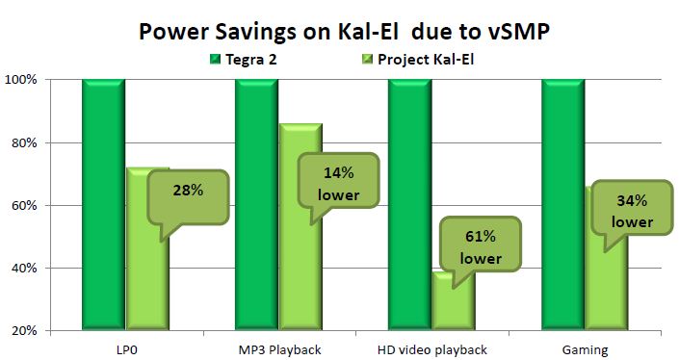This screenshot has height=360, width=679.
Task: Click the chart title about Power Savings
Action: (x=344, y=31)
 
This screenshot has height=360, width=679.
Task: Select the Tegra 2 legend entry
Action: (x=243, y=60)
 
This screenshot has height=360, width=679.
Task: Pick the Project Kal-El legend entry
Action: (x=417, y=60)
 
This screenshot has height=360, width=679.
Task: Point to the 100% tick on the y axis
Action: (x=20, y=80)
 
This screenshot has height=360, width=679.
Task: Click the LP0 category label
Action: (x=127, y=349)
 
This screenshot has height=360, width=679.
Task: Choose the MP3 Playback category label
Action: (x=279, y=349)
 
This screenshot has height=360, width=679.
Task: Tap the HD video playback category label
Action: (x=432, y=349)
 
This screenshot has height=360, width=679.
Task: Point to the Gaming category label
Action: (x=585, y=350)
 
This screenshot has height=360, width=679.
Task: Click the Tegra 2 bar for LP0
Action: (x=104, y=205)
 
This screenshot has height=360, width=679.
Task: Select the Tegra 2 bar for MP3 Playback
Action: (x=257, y=205)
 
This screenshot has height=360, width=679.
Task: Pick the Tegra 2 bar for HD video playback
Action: (x=409, y=205)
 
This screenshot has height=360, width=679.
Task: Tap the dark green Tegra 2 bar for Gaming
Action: (x=563, y=205)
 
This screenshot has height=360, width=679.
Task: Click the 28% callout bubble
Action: (x=188, y=197)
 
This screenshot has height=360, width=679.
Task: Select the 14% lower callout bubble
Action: (x=338, y=180)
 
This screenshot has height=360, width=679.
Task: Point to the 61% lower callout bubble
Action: (x=481, y=244)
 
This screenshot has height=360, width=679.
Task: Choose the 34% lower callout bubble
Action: (x=632, y=208)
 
